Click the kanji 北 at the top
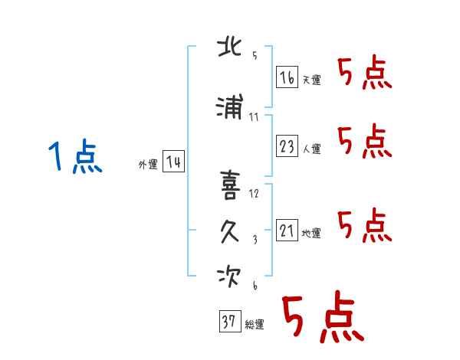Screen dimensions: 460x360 (x=229, y=47)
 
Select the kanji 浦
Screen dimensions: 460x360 (x=229, y=106)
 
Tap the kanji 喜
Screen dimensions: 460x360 (x=230, y=185)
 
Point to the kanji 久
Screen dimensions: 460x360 (x=230, y=231)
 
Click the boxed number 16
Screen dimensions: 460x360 (x=287, y=77)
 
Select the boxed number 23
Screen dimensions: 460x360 (x=287, y=146)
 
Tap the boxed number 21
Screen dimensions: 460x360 (x=287, y=230)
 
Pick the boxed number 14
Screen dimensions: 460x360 (x=173, y=162)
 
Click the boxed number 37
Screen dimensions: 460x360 (x=230, y=321)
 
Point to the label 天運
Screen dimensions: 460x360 (x=312, y=80)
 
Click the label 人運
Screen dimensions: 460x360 (x=312, y=149)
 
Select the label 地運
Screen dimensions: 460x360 (x=311, y=234)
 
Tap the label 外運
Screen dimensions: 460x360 (x=148, y=165)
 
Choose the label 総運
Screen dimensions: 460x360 (x=255, y=325)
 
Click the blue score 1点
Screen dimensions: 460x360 (x=75, y=156)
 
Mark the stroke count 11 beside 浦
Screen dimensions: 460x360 (x=254, y=117)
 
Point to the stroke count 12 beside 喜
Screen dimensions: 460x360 (x=254, y=194)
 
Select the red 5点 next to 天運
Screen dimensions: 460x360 (x=365, y=72)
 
